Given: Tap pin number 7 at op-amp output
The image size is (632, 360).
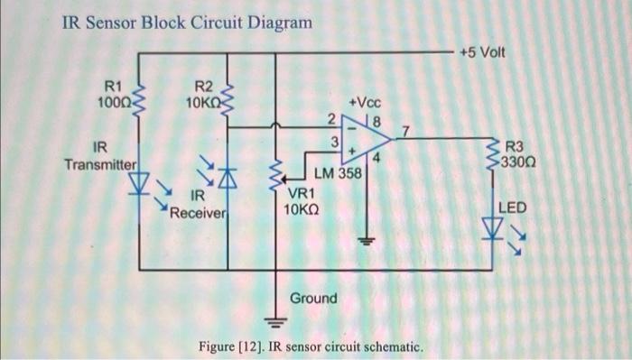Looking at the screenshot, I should coord(405,132).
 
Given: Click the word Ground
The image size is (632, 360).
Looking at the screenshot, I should coord(313,298).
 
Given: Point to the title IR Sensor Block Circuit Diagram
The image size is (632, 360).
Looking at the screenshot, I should coord(188,22).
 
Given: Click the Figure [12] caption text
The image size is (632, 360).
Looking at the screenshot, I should coord(312,346).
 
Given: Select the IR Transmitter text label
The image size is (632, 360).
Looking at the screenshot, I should coord(100,156).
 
